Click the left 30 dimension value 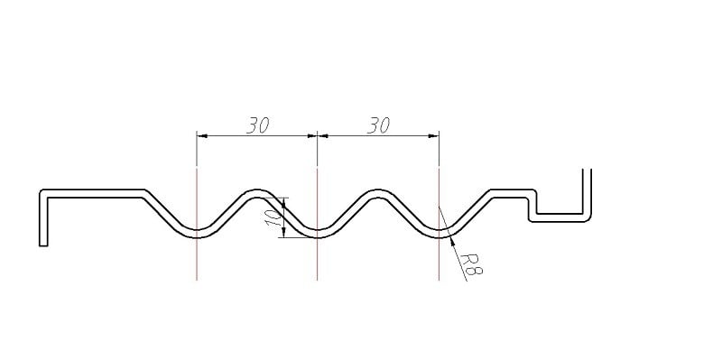(x=257, y=125)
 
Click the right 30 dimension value (x=378, y=125)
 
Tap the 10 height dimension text (x=273, y=217)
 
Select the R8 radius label (x=471, y=264)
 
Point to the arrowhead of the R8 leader (x=450, y=238)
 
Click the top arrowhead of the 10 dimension (x=283, y=202)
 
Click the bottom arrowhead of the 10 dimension (x=283, y=233)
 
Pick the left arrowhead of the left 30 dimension (x=201, y=136)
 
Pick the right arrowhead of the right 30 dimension (x=434, y=136)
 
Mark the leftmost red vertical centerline (x=197, y=224)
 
